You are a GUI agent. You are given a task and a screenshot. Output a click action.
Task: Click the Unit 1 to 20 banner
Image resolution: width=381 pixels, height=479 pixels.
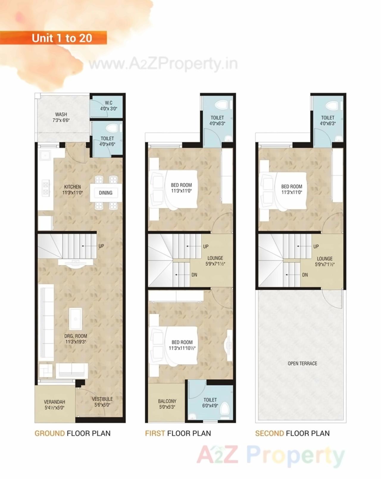pos(62,38)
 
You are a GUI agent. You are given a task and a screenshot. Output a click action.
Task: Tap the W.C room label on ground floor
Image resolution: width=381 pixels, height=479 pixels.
pos(108,106)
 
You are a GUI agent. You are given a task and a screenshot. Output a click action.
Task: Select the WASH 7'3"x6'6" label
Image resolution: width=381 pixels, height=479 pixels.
pos(61,117)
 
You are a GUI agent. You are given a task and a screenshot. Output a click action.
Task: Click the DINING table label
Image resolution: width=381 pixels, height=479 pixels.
pos(106,193)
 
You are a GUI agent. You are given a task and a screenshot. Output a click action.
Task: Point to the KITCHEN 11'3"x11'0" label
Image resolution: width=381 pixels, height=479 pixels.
pos(72,190)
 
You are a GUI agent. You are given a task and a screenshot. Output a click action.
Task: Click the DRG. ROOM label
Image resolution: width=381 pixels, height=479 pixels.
pos(76,339)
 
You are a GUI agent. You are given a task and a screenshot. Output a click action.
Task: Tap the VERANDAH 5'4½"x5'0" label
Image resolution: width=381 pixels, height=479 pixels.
pos(54,405)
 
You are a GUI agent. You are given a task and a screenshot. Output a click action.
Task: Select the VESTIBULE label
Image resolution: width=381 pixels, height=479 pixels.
pos(102,402)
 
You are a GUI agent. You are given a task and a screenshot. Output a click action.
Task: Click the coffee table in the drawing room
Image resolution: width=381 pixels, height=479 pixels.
pos(76,319)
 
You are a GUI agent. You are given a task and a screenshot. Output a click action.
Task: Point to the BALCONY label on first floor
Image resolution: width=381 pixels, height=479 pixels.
pos(167,404)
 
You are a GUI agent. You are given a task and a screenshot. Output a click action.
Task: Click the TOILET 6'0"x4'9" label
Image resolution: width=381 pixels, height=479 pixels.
pos(210,403)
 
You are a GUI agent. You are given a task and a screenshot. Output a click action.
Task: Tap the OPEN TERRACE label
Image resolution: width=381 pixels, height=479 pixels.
pos(302,363)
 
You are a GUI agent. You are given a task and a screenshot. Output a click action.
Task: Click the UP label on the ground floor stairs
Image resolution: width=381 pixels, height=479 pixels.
pos(101,246)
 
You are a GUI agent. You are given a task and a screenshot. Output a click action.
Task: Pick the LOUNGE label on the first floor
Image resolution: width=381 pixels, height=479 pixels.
pos(215,261)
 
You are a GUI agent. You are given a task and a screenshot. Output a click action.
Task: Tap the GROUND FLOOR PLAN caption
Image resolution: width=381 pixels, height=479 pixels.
pos(72,433)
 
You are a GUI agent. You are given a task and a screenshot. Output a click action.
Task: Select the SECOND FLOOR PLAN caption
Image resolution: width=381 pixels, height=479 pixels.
pos(292,433)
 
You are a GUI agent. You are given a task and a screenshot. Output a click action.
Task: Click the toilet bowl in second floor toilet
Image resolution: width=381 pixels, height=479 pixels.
pos(331,105)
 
